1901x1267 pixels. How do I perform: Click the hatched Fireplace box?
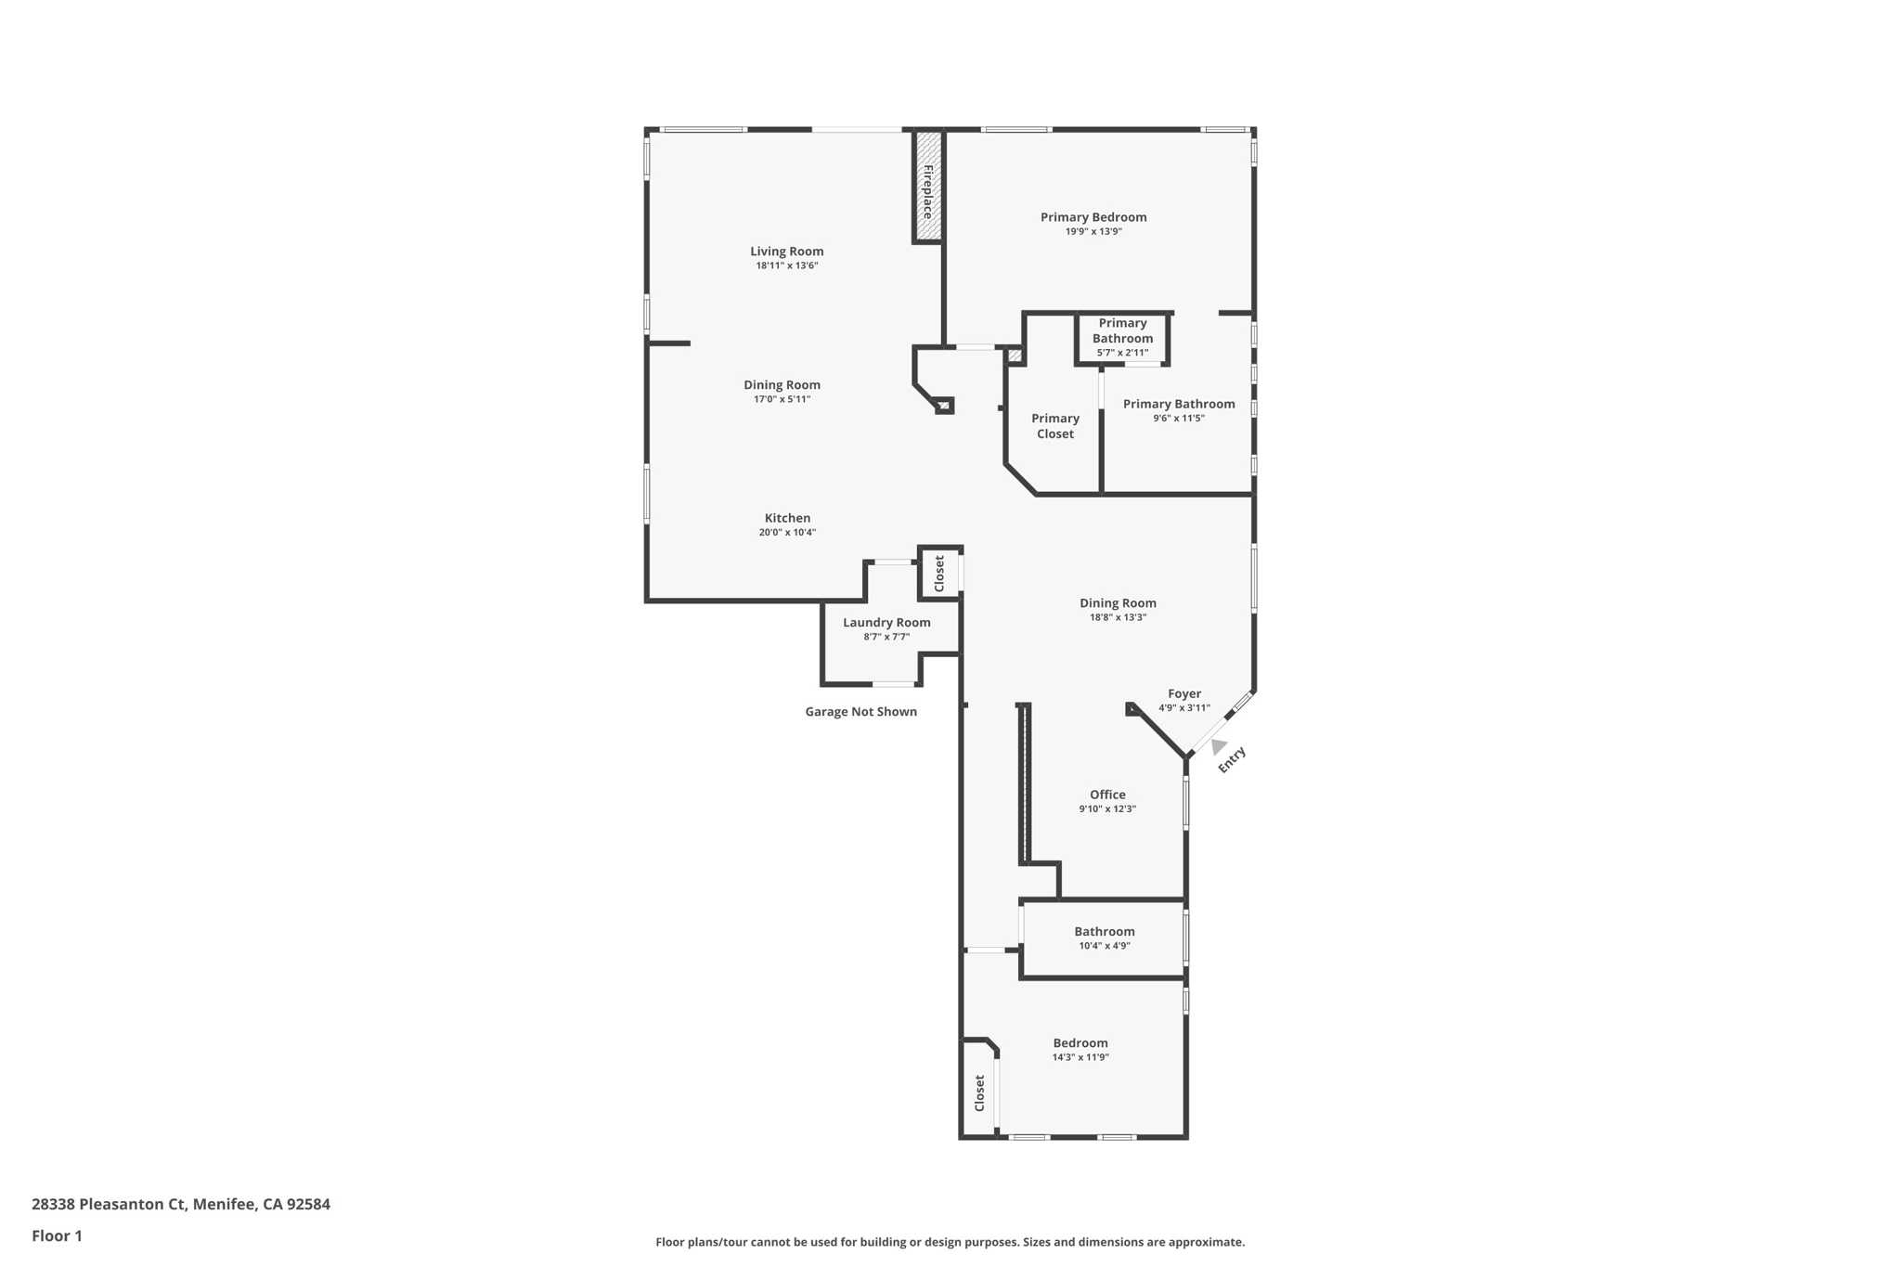(927, 187)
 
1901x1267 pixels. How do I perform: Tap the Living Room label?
(786, 252)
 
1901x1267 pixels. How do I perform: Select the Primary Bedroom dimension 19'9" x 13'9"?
(1093, 232)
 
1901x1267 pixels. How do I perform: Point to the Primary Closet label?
(1055, 426)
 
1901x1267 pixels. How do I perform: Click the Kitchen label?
(787, 519)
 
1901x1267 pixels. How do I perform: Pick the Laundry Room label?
(886, 623)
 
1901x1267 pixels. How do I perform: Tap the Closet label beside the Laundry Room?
(939, 574)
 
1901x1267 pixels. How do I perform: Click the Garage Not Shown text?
(860, 712)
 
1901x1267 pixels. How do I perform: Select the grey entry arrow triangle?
(1218, 746)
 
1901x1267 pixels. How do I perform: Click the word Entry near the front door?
(1231, 760)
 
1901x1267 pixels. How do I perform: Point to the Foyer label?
(1183, 694)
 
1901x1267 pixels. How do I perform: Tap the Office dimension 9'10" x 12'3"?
(1106, 809)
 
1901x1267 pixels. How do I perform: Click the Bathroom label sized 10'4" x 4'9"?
(1104, 932)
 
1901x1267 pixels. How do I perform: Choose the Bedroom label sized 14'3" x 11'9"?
(1080, 1043)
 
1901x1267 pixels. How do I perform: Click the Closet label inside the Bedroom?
(979, 1093)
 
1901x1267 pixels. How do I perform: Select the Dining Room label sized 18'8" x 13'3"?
(1118, 603)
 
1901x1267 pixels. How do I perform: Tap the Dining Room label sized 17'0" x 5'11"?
(782, 385)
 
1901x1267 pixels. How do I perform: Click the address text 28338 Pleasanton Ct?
(110, 1205)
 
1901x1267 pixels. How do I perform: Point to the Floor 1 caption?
(57, 1236)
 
